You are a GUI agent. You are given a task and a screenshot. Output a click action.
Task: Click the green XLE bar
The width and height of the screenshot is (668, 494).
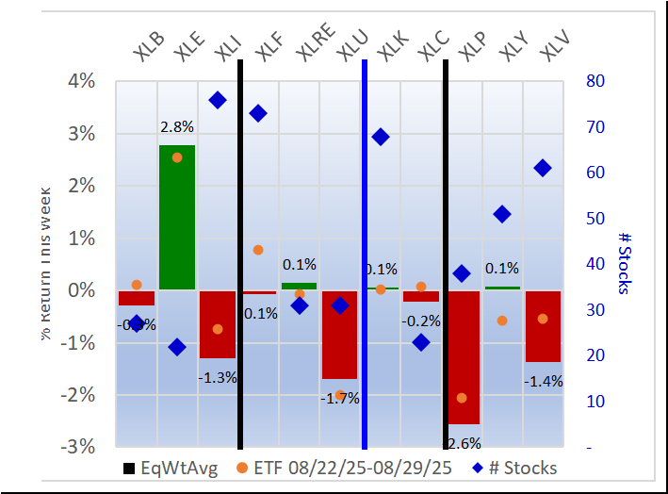coord(177,217)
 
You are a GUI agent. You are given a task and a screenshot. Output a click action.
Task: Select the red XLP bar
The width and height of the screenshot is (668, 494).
coord(463,357)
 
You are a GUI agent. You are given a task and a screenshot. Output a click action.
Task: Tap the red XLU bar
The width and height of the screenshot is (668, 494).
coord(339,334)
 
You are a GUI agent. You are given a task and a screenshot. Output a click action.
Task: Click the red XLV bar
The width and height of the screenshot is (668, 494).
coord(543,325)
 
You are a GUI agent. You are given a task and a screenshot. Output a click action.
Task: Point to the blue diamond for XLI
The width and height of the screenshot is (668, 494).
coord(218,100)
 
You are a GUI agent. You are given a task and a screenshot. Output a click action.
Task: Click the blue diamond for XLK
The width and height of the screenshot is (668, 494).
coord(381,137)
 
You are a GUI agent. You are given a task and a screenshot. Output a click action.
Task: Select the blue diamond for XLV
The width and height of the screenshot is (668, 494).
coord(543,168)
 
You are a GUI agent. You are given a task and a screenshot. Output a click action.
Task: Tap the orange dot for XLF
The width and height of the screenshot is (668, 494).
coord(258,250)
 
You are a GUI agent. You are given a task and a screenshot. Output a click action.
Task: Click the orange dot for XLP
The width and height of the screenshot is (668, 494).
coord(462,398)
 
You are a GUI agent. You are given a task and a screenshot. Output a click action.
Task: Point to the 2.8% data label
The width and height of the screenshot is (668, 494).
coord(176,126)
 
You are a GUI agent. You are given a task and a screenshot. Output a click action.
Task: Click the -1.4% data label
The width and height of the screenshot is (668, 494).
coord(543,381)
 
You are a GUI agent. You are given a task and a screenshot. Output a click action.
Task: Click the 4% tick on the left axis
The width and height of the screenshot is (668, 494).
coord(82,82)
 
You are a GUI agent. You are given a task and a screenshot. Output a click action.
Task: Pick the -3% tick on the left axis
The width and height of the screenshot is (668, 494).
coord(80,446)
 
